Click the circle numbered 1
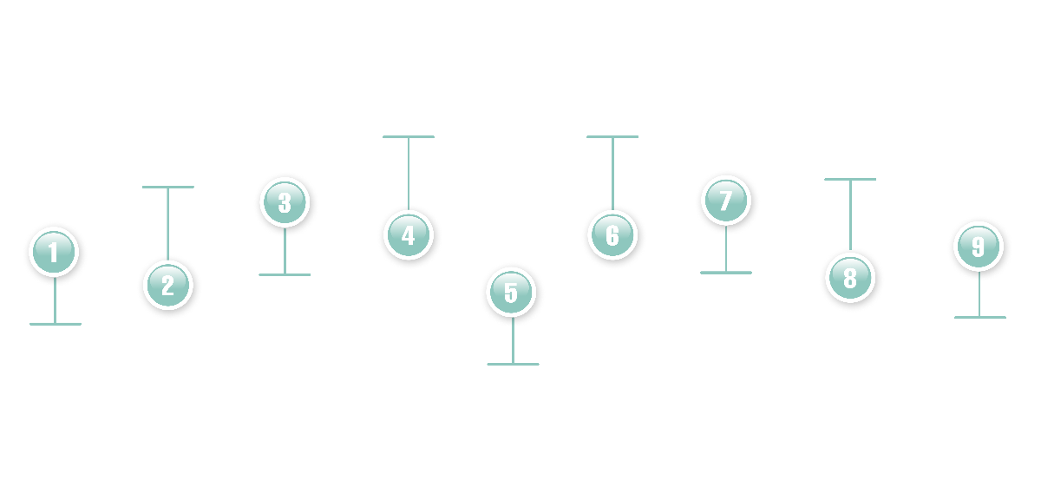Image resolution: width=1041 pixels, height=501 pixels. (55, 252)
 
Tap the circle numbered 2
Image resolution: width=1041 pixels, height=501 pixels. (167, 285)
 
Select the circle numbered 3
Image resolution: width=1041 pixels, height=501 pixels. (285, 202)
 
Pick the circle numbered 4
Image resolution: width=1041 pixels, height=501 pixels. (408, 234)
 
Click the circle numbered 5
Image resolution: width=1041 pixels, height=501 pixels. (511, 293)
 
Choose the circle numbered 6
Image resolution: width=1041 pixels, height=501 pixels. (612, 234)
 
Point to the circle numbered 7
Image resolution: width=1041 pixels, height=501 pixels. (725, 201)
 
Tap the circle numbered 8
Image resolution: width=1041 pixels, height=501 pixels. (849, 277)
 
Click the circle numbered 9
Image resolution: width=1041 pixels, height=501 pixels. (979, 246)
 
